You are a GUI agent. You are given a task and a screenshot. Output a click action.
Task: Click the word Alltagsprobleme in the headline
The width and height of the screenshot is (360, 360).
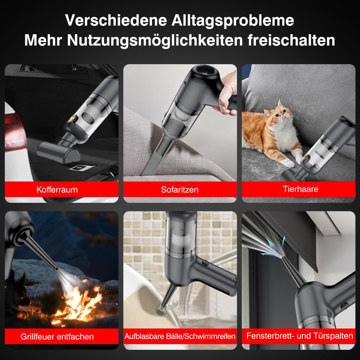(x=233, y=20)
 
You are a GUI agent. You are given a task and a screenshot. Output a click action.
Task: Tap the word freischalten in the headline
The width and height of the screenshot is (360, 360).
(x=291, y=40)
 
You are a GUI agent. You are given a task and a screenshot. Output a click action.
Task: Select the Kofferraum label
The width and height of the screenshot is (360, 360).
(x=57, y=190)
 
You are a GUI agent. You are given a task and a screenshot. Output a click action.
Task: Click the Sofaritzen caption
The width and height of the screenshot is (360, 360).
(x=180, y=190)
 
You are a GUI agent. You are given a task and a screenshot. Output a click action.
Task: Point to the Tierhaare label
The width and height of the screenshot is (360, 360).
(x=300, y=189)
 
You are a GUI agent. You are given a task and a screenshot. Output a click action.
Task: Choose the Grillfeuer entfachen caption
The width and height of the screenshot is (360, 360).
(x=57, y=337)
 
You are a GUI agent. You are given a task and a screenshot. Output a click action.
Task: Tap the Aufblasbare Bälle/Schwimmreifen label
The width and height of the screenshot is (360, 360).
(x=180, y=336)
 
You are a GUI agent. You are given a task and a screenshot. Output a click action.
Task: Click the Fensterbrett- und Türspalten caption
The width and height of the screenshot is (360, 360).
(x=300, y=336)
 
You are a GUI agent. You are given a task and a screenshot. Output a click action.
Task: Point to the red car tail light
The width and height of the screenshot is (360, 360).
(x=13, y=129)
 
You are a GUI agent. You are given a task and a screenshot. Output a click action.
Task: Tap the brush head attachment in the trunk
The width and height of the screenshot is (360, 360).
(x=58, y=151)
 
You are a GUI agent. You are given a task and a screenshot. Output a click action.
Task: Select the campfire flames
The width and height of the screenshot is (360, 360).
(x=81, y=303)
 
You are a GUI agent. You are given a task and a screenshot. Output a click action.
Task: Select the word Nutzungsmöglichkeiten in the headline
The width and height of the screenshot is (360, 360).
(x=154, y=40)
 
